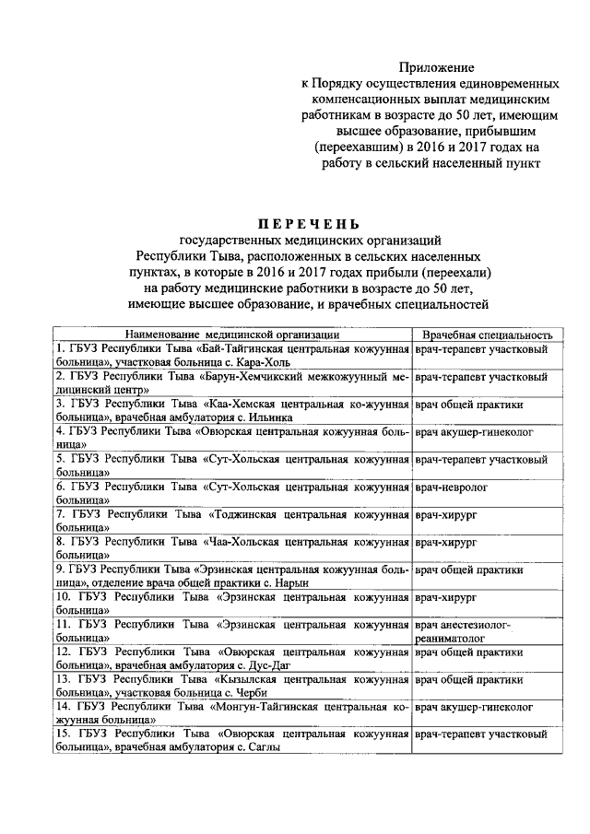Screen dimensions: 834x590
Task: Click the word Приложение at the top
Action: point(436,67)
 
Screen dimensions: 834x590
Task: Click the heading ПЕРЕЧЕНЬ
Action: point(308,224)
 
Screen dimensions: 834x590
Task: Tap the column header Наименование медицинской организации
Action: point(221,335)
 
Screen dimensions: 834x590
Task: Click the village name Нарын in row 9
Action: point(289,583)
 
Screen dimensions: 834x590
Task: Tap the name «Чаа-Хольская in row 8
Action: point(246,541)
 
